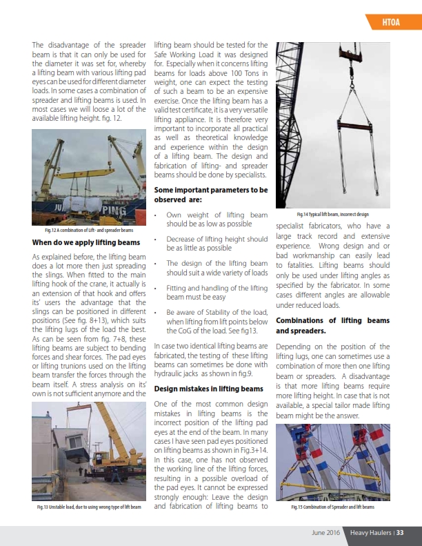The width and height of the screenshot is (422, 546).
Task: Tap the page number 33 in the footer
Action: [x=399, y=532]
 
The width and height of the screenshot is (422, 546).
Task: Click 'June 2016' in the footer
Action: [x=325, y=532]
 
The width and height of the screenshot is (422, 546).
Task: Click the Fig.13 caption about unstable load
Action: [x=89, y=507]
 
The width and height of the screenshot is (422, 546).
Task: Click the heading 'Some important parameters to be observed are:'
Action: [x=211, y=194]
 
